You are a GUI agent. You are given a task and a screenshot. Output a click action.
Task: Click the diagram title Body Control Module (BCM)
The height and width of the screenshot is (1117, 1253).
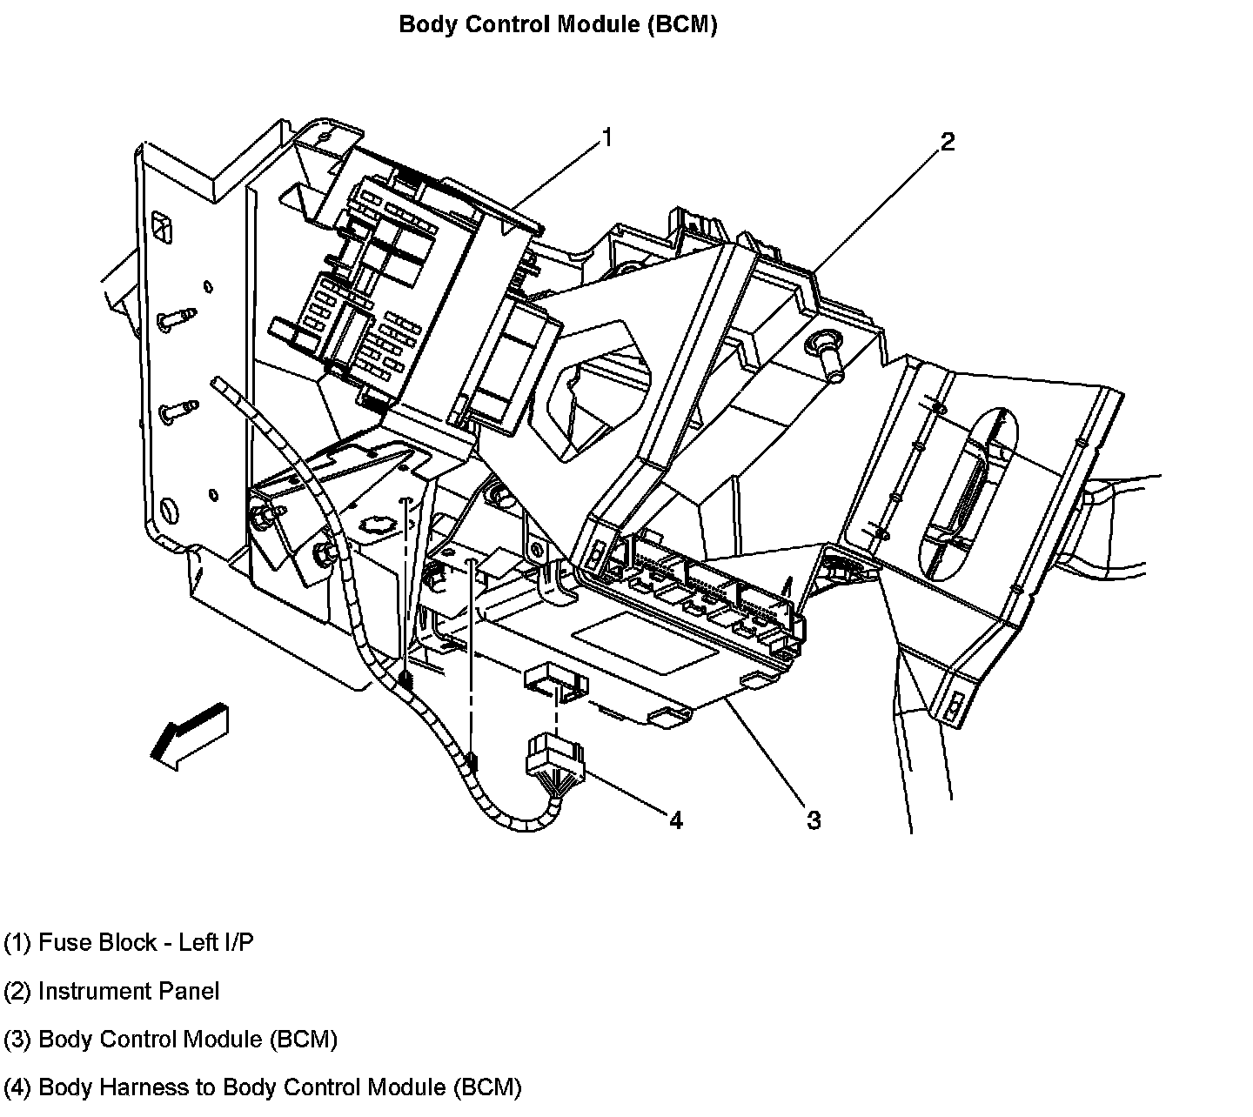(558, 24)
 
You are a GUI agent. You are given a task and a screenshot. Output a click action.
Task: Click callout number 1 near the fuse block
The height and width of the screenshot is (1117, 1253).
(607, 137)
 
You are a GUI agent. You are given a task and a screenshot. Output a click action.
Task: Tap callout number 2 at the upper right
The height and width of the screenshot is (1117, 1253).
(947, 142)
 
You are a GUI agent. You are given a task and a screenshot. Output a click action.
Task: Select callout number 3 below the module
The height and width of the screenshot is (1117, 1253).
(814, 819)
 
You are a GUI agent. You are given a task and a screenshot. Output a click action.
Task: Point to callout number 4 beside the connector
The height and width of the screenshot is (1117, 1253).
(676, 819)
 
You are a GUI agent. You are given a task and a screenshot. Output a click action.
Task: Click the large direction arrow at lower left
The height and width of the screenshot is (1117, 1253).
(191, 734)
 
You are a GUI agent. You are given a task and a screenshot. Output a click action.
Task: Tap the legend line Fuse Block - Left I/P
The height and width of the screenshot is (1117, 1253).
(129, 942)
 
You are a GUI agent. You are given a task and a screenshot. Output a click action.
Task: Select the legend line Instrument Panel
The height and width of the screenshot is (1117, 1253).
(111, 991)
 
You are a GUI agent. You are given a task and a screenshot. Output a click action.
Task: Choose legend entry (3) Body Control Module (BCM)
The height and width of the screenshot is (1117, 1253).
(171, 1039)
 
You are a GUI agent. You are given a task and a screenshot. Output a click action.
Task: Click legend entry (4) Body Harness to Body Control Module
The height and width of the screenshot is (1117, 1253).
(262, 1087)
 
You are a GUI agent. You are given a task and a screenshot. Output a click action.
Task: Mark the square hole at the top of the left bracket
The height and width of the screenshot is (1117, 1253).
(161, 229)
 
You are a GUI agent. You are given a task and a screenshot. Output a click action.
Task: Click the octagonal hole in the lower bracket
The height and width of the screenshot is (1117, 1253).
(377, 526)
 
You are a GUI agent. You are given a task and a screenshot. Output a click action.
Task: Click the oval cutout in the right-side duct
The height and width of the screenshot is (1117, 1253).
(970, 496)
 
